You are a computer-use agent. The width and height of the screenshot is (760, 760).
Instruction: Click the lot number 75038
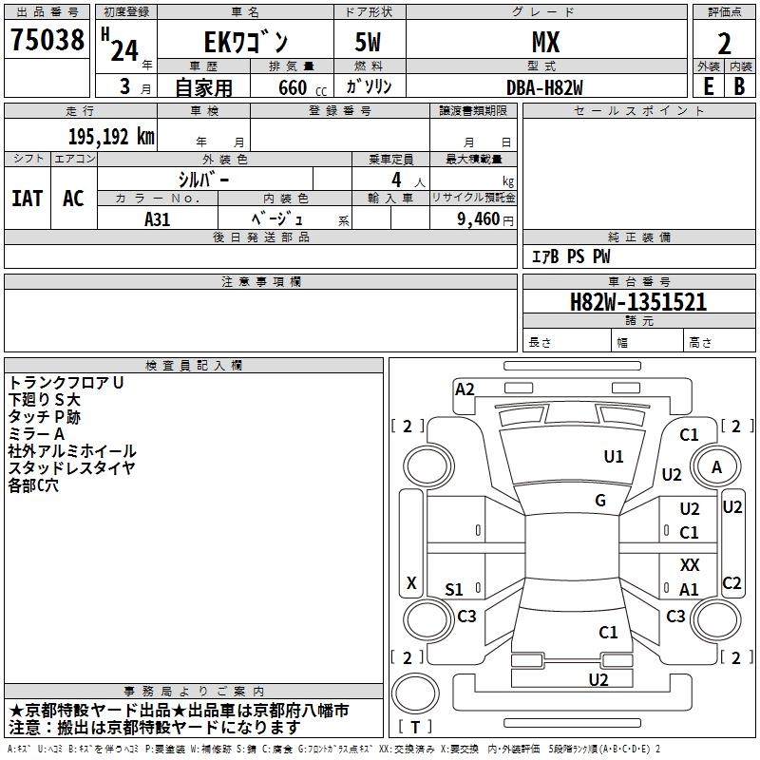pos(47,41)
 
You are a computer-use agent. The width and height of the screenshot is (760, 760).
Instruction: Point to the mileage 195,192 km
pos(111,136)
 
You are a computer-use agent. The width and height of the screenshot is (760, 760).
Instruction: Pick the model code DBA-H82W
pos(544,87)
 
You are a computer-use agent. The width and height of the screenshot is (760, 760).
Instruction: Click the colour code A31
pos(158,218)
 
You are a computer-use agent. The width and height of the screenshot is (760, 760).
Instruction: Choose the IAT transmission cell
pos(28,199)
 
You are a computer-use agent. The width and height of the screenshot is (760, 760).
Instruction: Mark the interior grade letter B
pos(739,86)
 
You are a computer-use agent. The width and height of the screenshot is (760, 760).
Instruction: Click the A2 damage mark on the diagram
pos(465,389)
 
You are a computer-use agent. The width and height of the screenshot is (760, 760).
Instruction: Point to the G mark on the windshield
pos(599,500)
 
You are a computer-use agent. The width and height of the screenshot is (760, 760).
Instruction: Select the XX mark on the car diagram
pos(690,565)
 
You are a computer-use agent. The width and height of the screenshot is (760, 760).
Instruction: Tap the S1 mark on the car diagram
pos(454,590)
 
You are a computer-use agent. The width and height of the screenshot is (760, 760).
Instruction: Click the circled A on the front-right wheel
pos(716,467)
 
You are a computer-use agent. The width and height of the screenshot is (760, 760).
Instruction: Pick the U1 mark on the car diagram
pos(614,457)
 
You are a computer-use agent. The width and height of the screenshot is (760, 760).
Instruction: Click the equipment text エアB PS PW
pos(570,256)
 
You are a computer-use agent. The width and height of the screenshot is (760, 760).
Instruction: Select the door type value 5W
pos(370,43)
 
